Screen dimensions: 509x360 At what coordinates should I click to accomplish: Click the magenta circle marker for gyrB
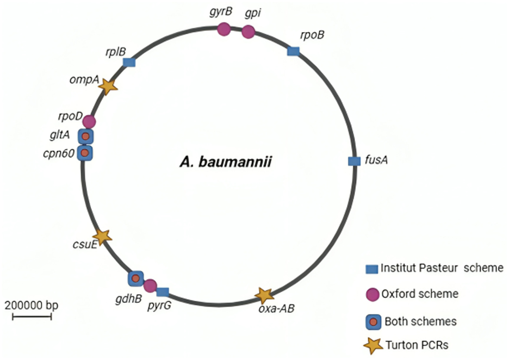point(224,29)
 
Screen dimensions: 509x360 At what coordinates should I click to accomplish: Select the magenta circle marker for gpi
point(249,32)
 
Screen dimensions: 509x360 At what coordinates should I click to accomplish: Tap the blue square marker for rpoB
point(294,51)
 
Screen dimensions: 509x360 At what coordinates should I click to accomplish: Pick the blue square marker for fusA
point(354,161)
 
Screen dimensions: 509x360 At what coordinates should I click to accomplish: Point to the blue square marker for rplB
point(129,62)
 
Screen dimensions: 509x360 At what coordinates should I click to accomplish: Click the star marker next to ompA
point(108,86)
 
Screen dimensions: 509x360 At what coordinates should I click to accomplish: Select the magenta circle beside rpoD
point(89,122)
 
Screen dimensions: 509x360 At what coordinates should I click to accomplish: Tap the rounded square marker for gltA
point(86,136)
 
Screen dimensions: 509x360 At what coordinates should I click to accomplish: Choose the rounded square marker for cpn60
point(85,153)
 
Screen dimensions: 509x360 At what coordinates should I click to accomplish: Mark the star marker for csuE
point(103,237)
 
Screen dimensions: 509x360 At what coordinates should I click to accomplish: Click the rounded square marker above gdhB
point(136,278)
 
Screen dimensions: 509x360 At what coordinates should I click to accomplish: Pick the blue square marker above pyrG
point(163,292)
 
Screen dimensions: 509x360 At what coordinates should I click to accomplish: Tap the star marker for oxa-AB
point(265,295)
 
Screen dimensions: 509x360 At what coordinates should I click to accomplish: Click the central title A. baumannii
point(226,162)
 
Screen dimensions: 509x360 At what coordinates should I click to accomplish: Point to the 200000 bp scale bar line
point(32,316)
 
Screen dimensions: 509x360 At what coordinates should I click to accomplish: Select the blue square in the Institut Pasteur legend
point(371,269)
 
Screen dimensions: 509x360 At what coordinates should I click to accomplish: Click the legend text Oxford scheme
point(420,294)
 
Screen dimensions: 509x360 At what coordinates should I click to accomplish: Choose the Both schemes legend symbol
point(373,322)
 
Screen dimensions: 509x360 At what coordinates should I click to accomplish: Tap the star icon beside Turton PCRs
point(373,345)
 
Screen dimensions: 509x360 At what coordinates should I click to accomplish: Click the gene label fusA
point(376,160)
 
